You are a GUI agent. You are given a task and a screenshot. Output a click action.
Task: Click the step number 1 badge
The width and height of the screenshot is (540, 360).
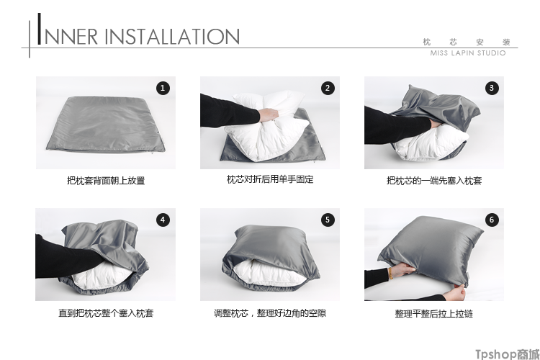click(163, 88)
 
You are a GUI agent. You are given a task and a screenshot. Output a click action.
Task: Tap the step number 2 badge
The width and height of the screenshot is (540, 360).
click(328, 88)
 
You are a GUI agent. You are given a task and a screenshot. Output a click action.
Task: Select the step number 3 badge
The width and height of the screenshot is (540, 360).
click(492, 88)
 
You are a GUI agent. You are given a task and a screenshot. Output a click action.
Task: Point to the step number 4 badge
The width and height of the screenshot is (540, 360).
click(163, 220)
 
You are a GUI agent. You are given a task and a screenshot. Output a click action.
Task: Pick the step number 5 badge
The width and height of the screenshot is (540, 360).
click(328, 220)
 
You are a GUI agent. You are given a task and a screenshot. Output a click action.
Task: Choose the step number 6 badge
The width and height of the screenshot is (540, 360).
click(492, 220)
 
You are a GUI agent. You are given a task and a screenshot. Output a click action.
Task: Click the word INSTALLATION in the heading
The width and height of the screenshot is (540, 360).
click(172, 37)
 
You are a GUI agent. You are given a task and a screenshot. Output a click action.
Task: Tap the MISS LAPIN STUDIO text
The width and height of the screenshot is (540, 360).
click(468, 53)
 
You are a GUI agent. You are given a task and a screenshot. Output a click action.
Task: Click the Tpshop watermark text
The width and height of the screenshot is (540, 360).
click(508, 354)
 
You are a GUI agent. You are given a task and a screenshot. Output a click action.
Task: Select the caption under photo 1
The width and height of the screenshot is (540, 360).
click(106, 181)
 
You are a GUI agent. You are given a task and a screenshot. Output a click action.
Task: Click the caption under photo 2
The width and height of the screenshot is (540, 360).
click(270, 179)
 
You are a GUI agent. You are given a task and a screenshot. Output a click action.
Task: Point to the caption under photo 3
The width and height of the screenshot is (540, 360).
click(434, 181)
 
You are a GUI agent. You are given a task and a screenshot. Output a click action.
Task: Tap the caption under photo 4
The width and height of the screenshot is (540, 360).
click(106, 313)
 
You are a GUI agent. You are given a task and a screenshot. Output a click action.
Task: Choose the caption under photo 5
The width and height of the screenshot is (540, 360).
click(270, 313)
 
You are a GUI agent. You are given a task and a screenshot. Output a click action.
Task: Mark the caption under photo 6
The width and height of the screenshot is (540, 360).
click(434, 314)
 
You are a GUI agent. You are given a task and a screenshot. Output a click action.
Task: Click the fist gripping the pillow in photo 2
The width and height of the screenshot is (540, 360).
click(268, 114)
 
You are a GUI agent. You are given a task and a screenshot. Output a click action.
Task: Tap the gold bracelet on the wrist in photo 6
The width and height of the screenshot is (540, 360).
click(390, 273)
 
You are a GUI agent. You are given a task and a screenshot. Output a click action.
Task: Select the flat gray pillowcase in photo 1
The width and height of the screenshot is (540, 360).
click(106, 125)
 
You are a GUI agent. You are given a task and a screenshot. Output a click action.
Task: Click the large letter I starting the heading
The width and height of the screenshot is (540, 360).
click(40, 29)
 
